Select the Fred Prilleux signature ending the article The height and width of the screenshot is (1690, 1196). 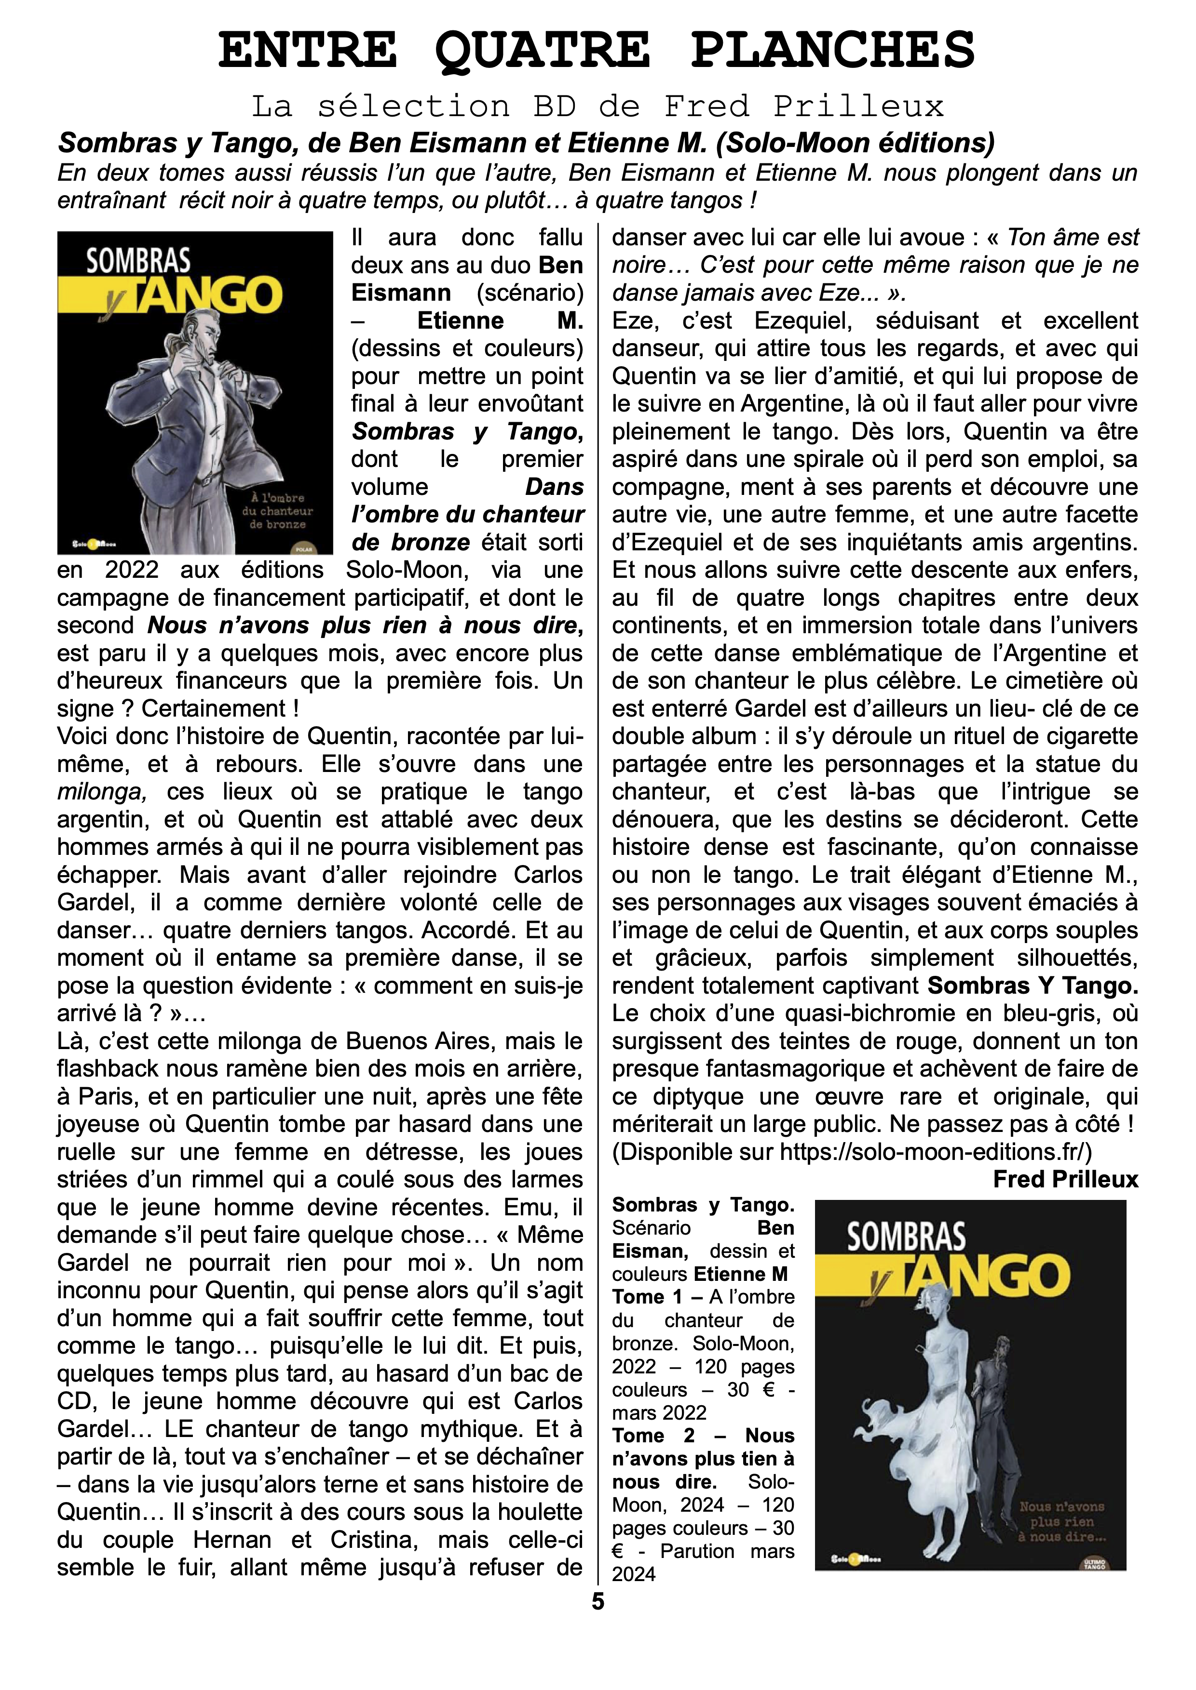tap(1065, 1179)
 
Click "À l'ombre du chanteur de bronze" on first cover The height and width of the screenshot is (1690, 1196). tap(277, 511)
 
